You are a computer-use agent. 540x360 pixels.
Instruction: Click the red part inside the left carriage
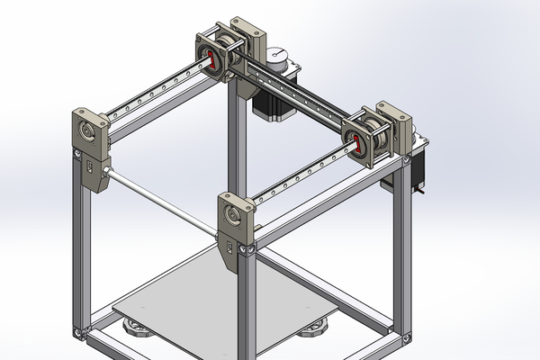[x=213, y=60]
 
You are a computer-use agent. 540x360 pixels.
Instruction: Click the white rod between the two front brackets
[x=162, y=201]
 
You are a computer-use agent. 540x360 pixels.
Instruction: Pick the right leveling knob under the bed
[x=319, y=329]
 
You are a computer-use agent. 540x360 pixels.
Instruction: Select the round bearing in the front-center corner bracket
[x=236, y=217]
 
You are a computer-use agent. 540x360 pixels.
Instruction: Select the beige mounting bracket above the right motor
[x=405, y=126]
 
